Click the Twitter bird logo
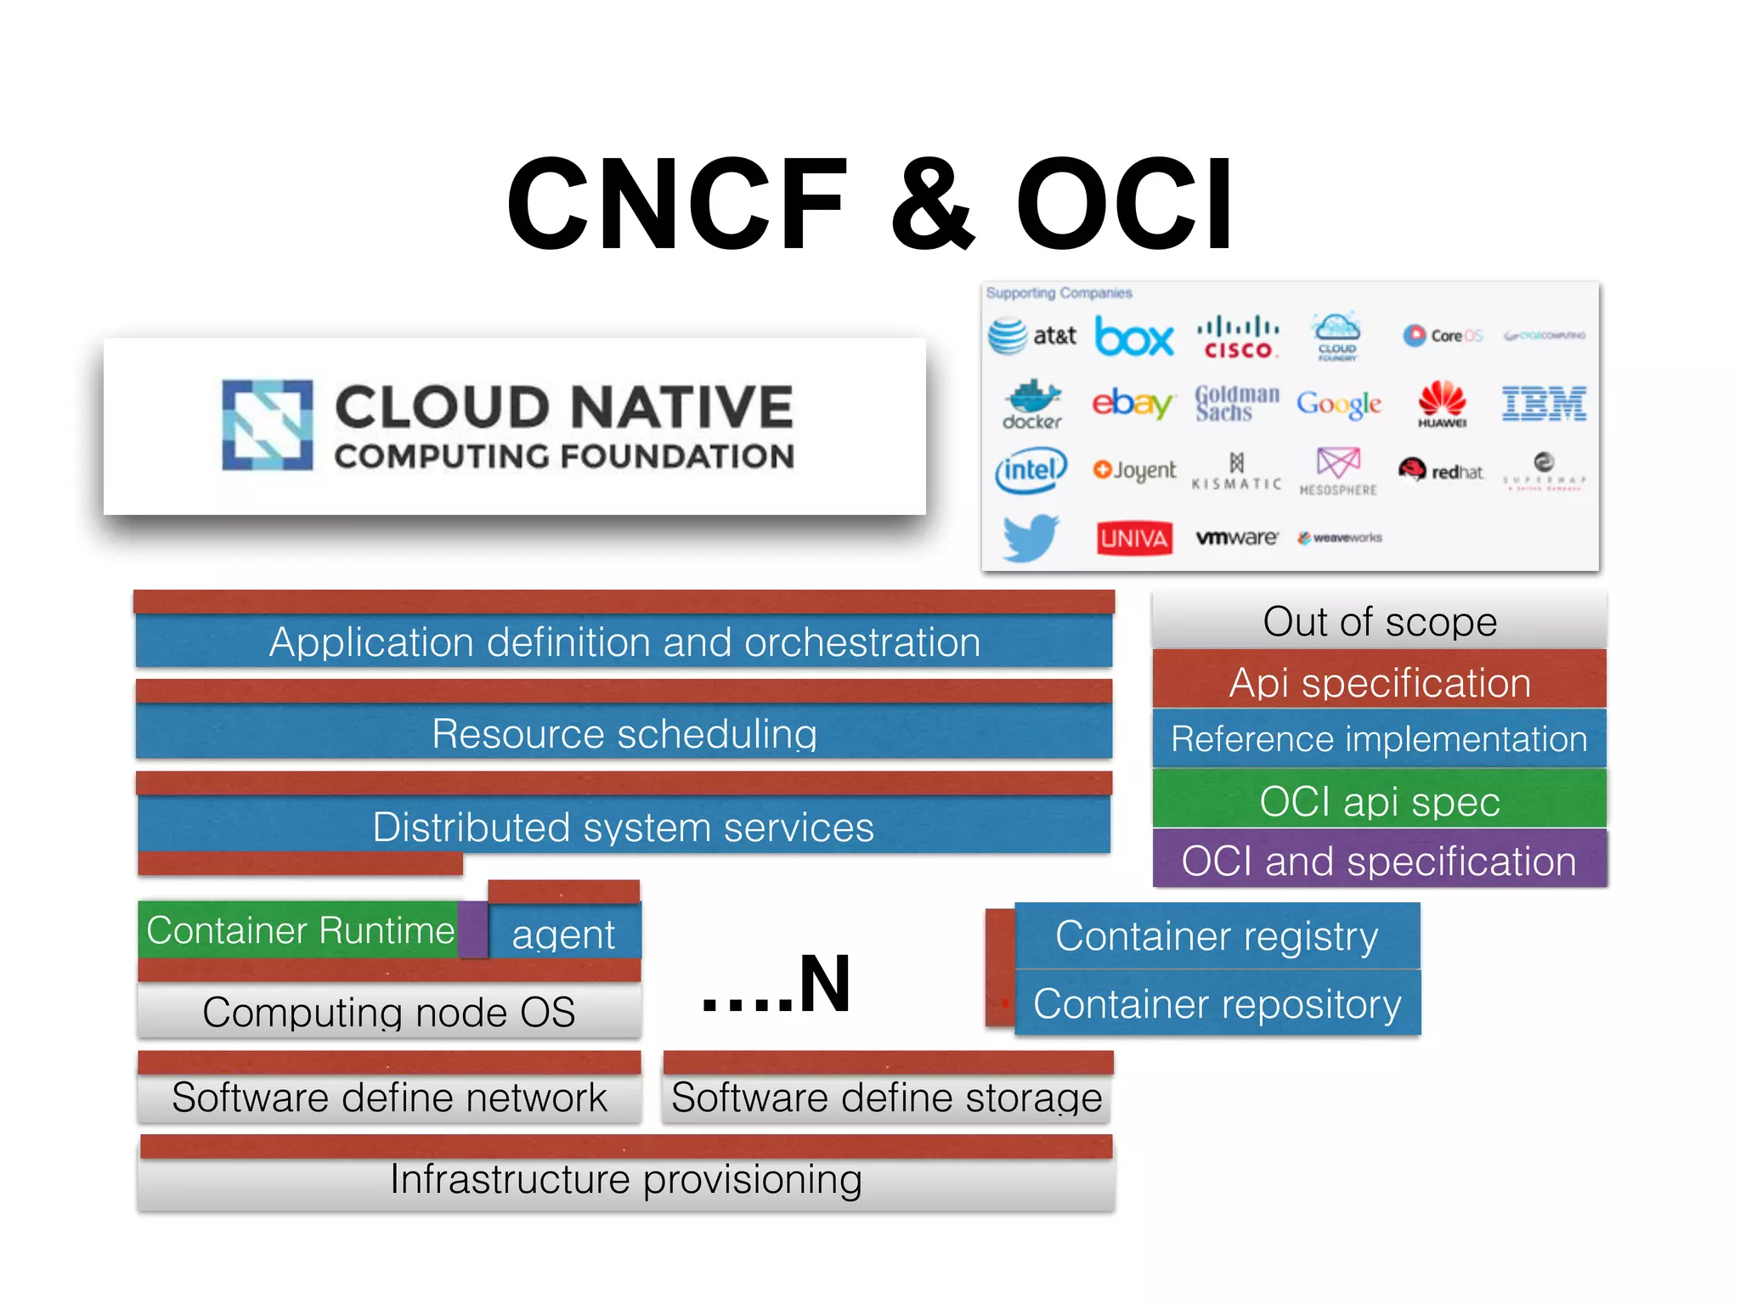[x=1030, y=537]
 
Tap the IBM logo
[x=1543, y=404]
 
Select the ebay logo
[x=1133, y=403]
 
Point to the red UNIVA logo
[x=1133, y=538]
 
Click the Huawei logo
[x=1442, y=404]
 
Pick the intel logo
[x=1031, y=470]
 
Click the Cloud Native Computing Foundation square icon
[x=267, y=425]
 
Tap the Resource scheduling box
[x=624, y=732]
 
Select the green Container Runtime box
[x=299, y=929]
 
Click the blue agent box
[x=564, y=934]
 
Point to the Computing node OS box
[x=389, y=1011]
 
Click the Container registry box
[x=1217, y=935]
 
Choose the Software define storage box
[x=887, y=1097]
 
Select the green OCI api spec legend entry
[x=1379, y=800]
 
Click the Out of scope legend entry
[x=1379, y=621]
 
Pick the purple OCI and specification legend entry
[x=1379, y=860]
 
